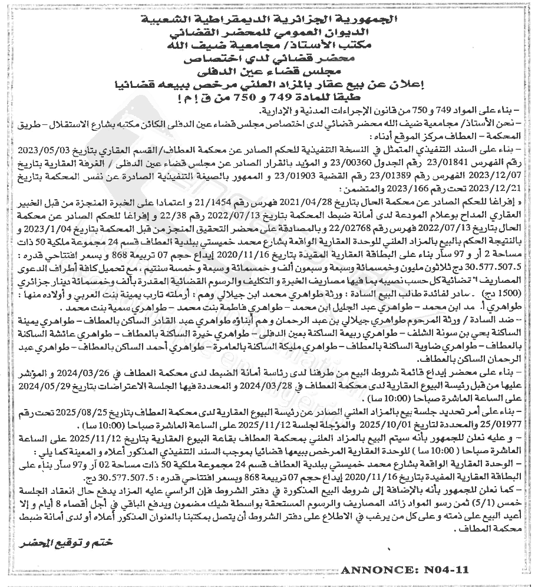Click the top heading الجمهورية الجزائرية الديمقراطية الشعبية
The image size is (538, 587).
click(270, 21)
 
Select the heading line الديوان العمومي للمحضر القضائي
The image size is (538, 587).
click(270, 34)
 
